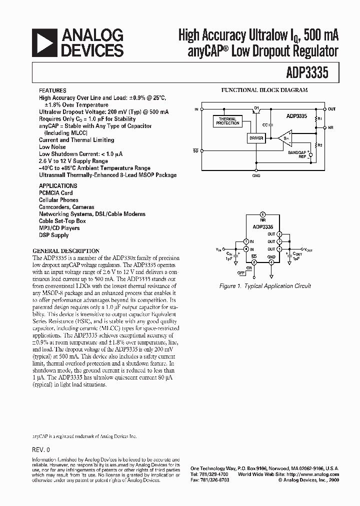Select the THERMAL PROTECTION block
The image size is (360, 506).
pos(227,120)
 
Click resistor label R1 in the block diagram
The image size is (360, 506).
pos(320,119)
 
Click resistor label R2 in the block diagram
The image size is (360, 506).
pos(320,145)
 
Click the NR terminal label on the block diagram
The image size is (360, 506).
pos(331,127)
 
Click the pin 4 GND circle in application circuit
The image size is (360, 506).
pos(271,261)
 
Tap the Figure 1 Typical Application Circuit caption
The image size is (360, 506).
pos(265,286)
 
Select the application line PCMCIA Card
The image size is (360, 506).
pos(55,193)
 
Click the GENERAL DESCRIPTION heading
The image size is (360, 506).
pos(66,251)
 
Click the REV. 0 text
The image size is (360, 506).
pos(41,449)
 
